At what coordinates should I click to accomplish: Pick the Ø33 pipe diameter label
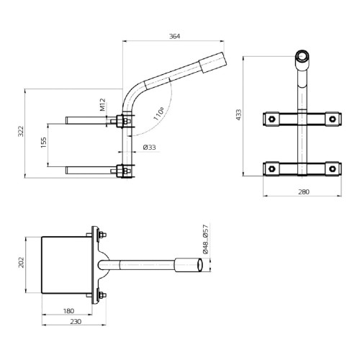(150, 148)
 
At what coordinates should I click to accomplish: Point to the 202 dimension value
(22, 262)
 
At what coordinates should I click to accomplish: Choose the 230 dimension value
(76, 323)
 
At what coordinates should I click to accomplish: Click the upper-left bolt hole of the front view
(273, 117)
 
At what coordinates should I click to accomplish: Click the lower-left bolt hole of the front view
(273, 168)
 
